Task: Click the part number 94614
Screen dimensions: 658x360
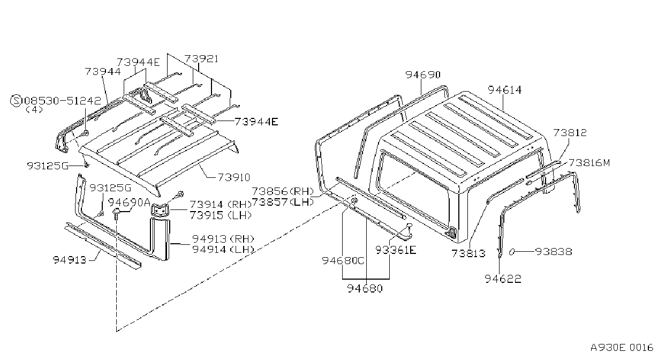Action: pyautogui.click(x=505, y=90)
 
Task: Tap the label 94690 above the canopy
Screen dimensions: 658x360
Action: pyautogui.click(x=423, y=75)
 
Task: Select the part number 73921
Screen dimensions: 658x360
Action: pyautogui.click(x=201, y=59)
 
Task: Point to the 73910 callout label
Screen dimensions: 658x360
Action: pyautogui.click(x=234, y=177)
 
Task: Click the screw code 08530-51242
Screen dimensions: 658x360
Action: pyautogui.click(x=63, y=101)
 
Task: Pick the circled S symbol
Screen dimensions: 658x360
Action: pyautogui.click(x=16, y=101)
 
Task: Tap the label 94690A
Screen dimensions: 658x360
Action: pyautogui.click(x=129, y=202)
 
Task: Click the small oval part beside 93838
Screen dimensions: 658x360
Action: pyautogui.click(x=511, y=252)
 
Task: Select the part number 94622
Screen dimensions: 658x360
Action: pyautogui.click(x=503, y=279)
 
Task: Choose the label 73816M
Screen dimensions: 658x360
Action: pyautogui.click(x=589, y=162)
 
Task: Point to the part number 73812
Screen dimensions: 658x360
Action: pyautogui.click(x=570, y=133)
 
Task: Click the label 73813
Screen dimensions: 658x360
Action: pyautogui.click(x=468, y=253)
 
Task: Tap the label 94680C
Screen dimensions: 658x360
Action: pyautogui.click(x=343, y=261)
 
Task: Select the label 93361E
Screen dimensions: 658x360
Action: pyautogui.click(x=396, y=250)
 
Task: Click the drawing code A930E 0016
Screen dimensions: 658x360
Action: pyautogui.click(x=622, y=348)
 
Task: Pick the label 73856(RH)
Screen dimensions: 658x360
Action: pyautogui.click(x=283, y=191)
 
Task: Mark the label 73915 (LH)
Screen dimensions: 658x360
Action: pyautogui.click(x=221, y=215)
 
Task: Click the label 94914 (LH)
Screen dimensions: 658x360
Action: pyautogui.click(x=223, y=250)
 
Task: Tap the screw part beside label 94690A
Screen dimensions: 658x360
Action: pyautogui.click(x=116, y=214)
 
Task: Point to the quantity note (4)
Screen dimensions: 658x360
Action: pyautogui.click(x=34, y=110)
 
